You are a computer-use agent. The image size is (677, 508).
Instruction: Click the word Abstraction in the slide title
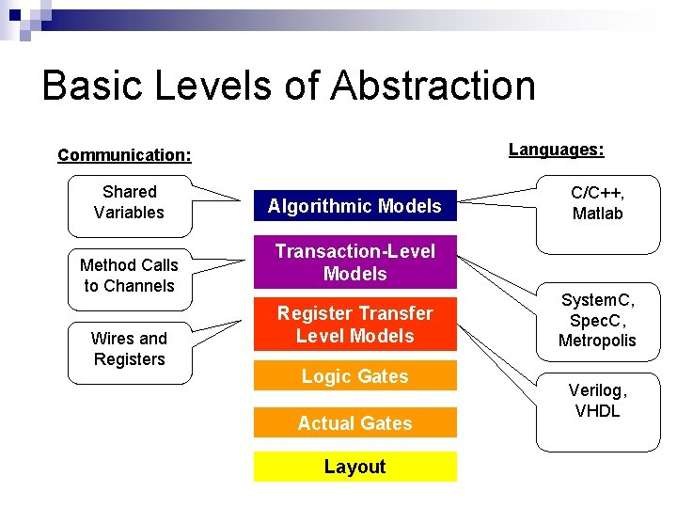(x=433, y=86)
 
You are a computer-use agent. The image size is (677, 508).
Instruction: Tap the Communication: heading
(x=124, y=155)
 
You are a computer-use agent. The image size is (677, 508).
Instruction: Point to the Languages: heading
(x=556, y=150)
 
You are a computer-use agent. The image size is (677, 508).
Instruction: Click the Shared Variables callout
(x=129, y=202)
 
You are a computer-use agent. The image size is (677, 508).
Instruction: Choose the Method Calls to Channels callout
(x=129, y=276)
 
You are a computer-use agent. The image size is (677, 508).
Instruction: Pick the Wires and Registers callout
(x=129, y=349)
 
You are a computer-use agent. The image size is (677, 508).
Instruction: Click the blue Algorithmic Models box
(x=354, y=206)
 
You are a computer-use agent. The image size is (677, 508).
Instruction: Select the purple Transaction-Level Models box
(x=354, y=262)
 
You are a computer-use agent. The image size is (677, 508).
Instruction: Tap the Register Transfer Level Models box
(x=354, y=325)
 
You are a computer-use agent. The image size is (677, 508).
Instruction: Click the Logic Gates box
(x=354, y=376)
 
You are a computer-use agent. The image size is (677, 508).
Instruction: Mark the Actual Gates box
(x=354, y=423)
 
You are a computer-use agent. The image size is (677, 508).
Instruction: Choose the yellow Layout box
(x=354, y=467)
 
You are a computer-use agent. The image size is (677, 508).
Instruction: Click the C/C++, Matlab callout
(x=597, y=203)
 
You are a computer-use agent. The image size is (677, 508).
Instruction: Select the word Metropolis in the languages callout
(x=597, y=341)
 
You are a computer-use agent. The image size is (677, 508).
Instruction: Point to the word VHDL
(x=597, y=411)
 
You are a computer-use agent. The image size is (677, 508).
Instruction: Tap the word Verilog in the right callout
(x=597, y=390)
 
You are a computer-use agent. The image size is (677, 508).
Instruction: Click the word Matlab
(x=597, y=214)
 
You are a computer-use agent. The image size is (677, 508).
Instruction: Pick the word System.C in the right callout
(x=597, y=300)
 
